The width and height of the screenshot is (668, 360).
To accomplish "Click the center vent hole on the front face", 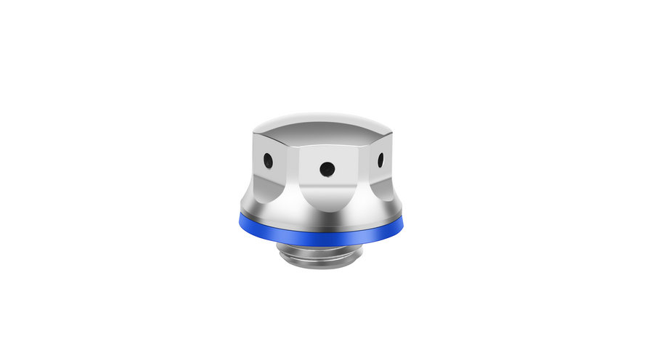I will coord(327,168).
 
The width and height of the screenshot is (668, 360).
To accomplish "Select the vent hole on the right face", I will coord(380,158).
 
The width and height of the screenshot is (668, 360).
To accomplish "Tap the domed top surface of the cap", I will coord(323,123).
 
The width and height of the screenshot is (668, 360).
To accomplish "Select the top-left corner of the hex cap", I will coord(256,132).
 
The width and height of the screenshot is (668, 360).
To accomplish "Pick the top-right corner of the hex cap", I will coord(392,132).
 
